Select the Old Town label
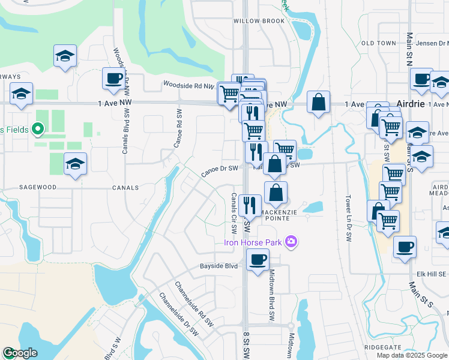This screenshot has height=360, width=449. [379, 43]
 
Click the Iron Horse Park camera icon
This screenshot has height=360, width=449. [291, 242]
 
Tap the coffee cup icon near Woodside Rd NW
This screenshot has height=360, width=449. [113, 79]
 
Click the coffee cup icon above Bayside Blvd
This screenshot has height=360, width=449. [258, 260]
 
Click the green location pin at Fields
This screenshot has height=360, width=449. [37, 128]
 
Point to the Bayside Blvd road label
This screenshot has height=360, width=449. [219, 266]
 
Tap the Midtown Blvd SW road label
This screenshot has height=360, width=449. [272, 294]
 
